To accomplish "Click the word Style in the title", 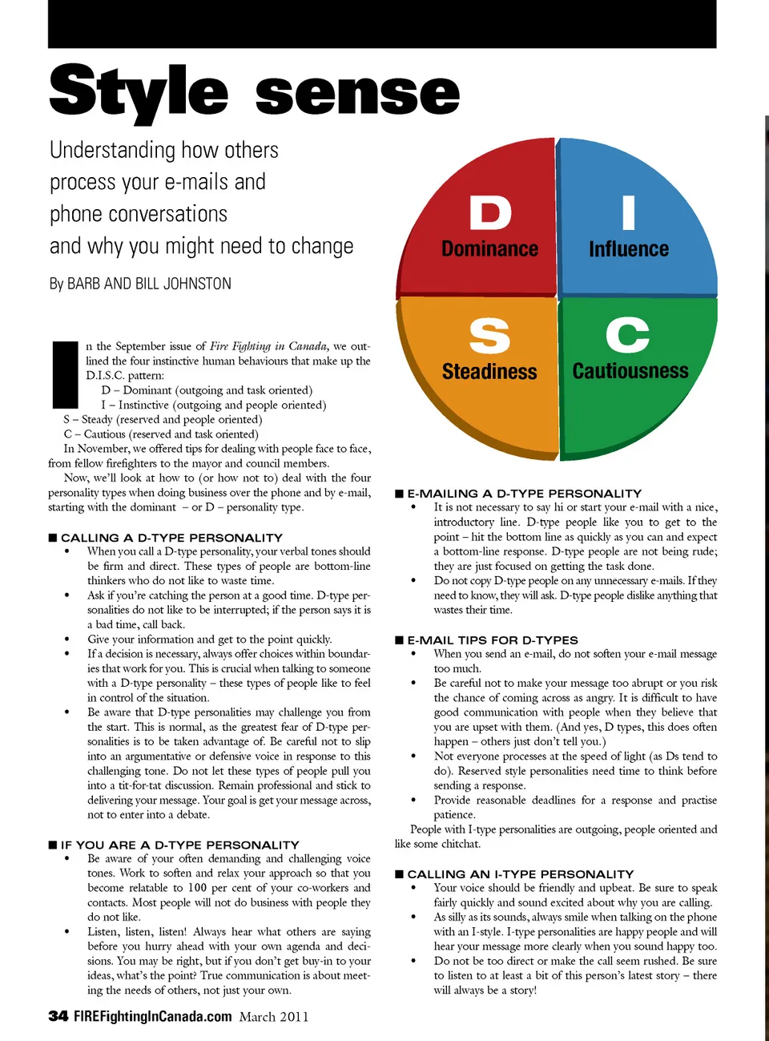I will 139,92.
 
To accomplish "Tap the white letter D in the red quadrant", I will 490,213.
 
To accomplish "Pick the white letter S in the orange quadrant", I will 489,336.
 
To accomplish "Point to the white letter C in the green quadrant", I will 628,335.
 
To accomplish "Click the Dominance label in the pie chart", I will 490,249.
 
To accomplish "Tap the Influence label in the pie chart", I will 629,249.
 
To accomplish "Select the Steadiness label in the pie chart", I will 489,372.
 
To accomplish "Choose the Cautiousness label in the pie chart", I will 630,371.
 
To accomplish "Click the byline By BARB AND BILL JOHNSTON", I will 140,284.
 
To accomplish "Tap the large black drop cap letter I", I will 64,374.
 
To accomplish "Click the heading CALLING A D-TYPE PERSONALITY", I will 171,538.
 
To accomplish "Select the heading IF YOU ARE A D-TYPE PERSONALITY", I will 179,845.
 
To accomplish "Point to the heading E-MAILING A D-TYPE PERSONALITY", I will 524,494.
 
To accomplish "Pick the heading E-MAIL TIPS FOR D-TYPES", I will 492,640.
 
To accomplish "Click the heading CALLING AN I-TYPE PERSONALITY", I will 520,874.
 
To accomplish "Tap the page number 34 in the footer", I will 58,1016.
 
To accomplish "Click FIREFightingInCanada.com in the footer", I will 152,1016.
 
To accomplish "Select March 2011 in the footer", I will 274,1017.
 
